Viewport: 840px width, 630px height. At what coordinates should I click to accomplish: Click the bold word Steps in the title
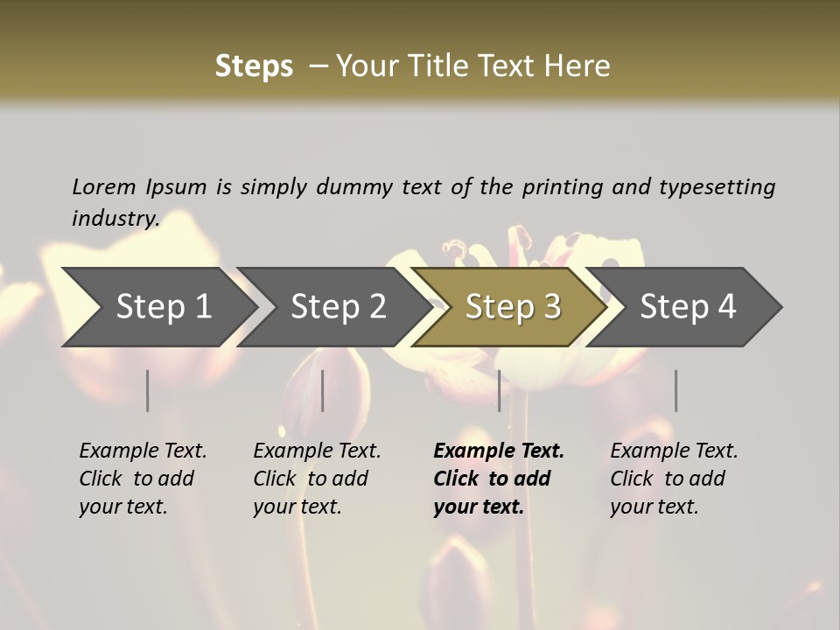[254, 66]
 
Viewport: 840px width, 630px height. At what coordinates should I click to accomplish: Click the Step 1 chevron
[163, 306]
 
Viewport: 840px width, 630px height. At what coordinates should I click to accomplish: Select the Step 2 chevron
[338, 306]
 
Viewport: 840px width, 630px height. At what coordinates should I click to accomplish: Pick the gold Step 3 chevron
[513, 306]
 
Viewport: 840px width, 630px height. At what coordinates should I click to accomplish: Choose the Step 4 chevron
[688, 306]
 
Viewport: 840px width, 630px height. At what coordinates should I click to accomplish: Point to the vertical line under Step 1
[148, 390]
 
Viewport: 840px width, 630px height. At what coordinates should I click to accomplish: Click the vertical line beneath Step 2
[323, 390]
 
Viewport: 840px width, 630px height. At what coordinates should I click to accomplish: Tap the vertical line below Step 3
[499, 390]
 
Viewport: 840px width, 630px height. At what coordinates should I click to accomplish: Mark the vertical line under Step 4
[675, 390]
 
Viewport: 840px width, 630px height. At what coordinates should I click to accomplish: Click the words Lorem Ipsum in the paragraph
[139, 186]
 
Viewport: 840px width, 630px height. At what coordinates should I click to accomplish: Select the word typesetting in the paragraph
[717, 186]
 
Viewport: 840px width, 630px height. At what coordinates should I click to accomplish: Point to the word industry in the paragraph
[115, 218]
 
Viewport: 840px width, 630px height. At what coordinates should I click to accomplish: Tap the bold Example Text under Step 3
[499, 451]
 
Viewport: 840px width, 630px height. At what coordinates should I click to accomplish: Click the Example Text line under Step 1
[143, 451]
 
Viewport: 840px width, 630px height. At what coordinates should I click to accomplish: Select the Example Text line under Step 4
[674, 451]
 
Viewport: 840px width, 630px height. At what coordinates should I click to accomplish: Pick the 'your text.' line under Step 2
[297, 507]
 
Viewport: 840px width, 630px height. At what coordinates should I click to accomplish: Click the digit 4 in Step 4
[726, 306]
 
